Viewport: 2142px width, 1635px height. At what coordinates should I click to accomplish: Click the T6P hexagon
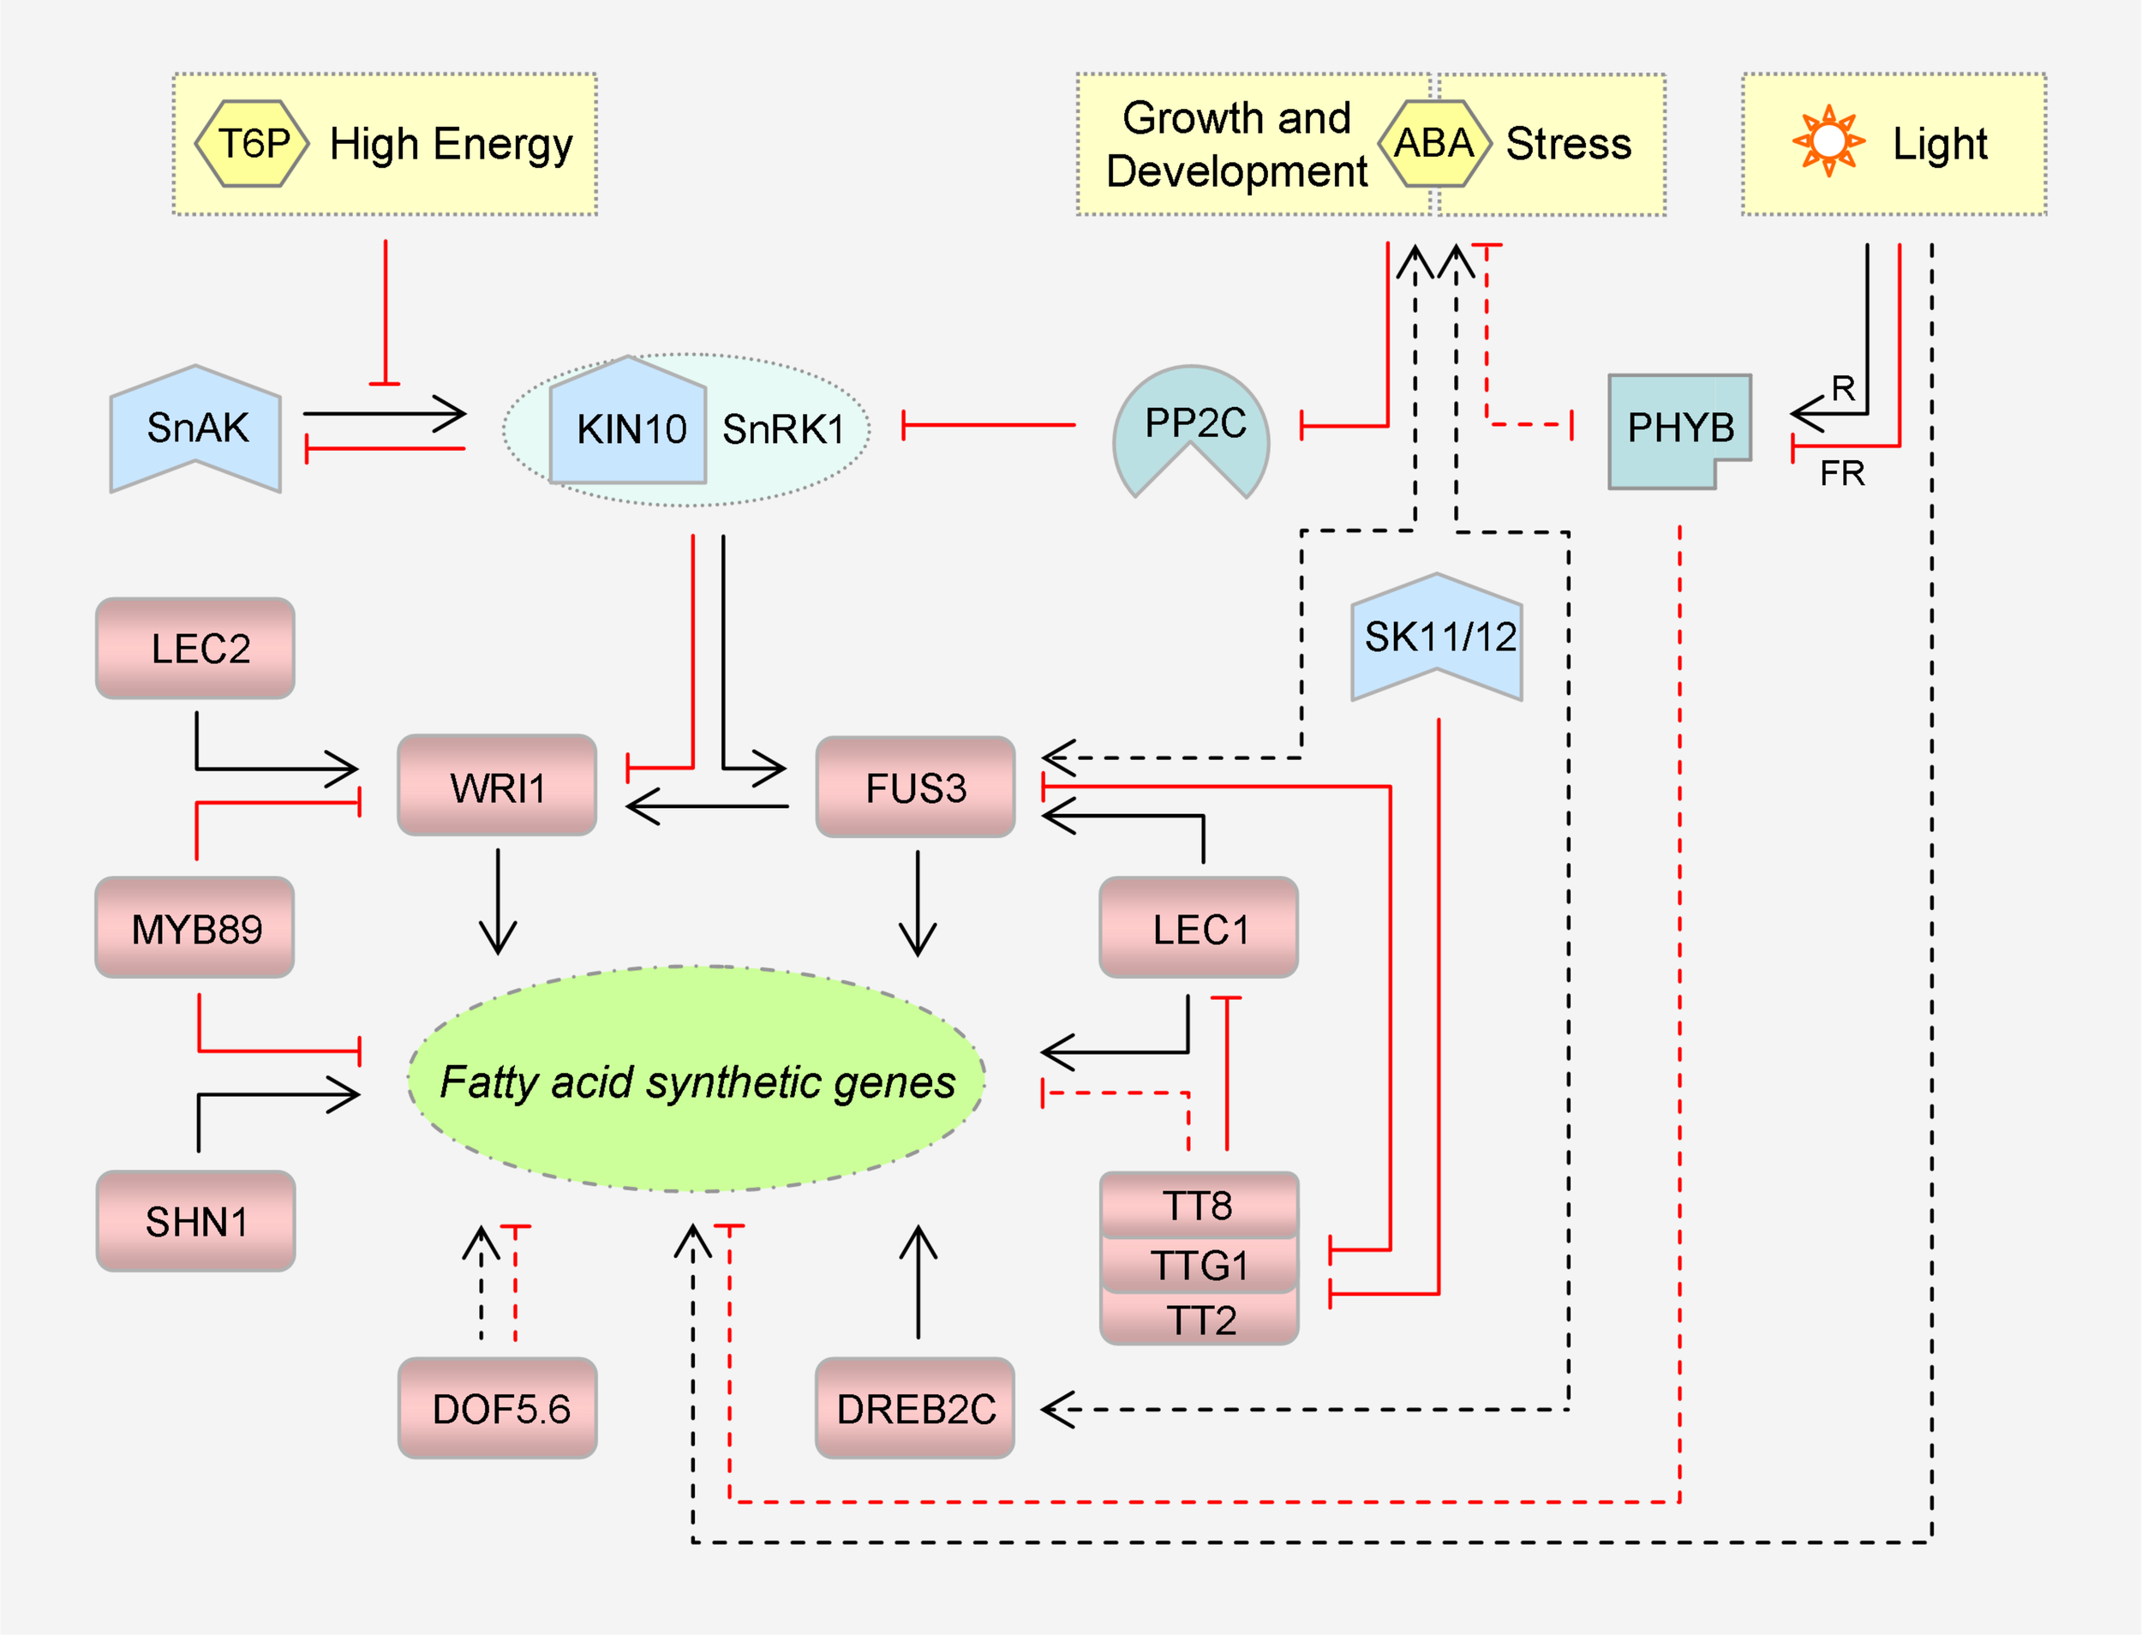click(x=252, y=143)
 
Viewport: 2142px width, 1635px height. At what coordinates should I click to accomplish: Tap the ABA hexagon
click(x=1433, y=143)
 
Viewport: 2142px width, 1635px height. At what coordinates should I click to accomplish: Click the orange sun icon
click(x=1828, y=141)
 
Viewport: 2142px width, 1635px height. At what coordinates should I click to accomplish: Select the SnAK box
click(x=195, y=428)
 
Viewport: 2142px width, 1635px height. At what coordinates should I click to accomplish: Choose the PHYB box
click(x=1678, y=428)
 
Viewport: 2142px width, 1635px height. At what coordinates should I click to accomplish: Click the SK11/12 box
click(x=1438, y=638)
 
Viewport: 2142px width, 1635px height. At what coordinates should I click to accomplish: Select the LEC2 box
click(x=195, y=648)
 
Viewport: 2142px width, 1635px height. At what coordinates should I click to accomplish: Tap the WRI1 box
click(x=497, y=787)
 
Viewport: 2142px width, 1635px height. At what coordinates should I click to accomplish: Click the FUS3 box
click(x=916, y=788)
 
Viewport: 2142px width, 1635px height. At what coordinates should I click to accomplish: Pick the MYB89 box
click(x=195, y=928)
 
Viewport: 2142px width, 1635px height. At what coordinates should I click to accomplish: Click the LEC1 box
click(x=1199, y=928)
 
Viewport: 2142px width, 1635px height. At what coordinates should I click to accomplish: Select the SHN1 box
click(x=195, y=1221)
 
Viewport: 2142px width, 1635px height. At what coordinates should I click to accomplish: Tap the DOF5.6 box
click(x=499, y=1408)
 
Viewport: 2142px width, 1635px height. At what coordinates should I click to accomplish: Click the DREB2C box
click(x=916, y=1408)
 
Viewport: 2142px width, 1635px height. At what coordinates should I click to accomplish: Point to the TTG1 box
click(x=1199, y=1265)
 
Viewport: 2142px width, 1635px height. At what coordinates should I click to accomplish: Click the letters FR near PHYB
click(x=1842, y=474)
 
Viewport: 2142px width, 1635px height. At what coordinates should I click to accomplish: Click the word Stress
click(x=1568, y=144)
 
